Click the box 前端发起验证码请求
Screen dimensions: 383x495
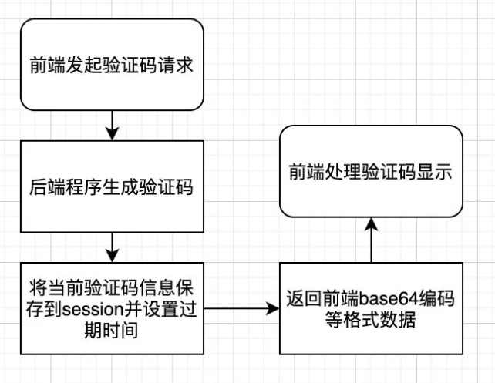(x=113, y=65)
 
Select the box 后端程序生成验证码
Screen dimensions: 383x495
(x=113, y=186)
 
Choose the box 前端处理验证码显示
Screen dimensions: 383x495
(x=371, y=171)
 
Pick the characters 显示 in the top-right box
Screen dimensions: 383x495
(x=434, y=172)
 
